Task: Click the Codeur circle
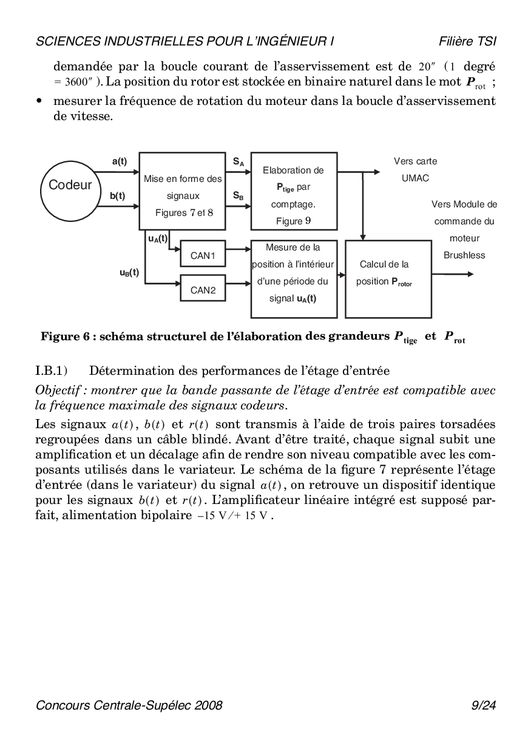[70, 185]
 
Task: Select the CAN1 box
[203, 256]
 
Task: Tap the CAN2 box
[203, 290]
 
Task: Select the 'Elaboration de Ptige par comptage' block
[294, 191]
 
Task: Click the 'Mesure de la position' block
[294, 278]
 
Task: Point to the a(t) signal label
[120, 161]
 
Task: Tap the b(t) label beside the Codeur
[118, 196]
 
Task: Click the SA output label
[238, 162]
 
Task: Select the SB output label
[238, 196]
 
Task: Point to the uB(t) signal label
[129, 273]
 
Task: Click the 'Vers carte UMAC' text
[415, 170]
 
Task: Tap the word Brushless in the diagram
[464, 255]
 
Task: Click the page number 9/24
[484, 705]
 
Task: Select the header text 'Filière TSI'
[468, 41]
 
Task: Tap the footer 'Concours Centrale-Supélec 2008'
[129, 705]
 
